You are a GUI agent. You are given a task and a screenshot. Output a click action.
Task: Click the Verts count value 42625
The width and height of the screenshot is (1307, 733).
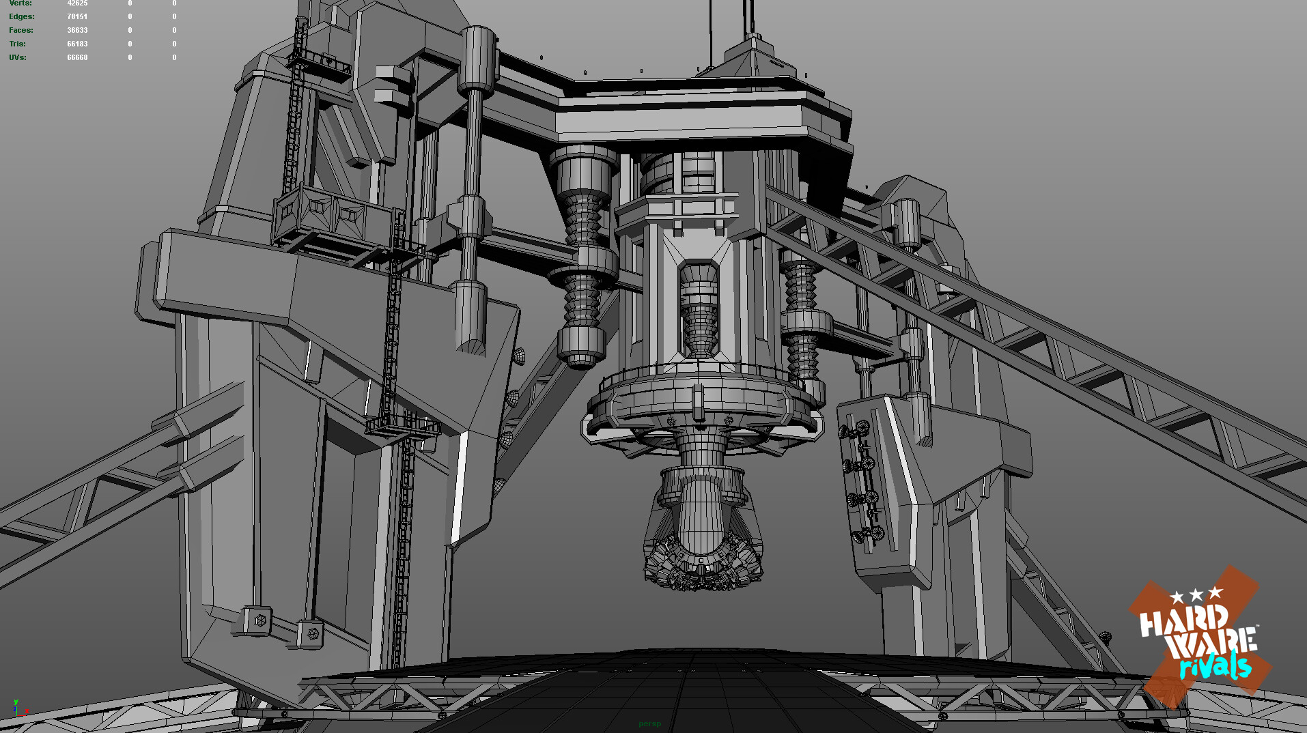[77, 3]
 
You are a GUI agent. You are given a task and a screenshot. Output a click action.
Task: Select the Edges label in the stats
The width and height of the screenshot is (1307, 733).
[21, 16]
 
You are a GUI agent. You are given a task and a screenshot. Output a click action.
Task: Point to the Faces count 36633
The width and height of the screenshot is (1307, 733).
[77, 30]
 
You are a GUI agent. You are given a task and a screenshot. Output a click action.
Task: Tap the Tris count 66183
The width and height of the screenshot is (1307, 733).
[77, 44]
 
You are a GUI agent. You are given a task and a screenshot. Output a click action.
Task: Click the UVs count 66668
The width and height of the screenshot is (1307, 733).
[77, 57]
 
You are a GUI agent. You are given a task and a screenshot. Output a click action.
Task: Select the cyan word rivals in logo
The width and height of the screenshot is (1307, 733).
[1215, 665]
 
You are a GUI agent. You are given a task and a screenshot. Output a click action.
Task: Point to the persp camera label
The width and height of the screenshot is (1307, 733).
[649, 723]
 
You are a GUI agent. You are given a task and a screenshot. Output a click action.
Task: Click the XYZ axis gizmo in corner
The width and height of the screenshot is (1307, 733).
[18, 708]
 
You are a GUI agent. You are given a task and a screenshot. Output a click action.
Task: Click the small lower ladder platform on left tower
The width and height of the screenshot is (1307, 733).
[403, 427]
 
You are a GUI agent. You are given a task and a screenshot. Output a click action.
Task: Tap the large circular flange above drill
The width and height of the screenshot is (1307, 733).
[700, 409]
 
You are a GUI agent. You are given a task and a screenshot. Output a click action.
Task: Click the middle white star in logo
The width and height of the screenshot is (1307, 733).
[1196, 594]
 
